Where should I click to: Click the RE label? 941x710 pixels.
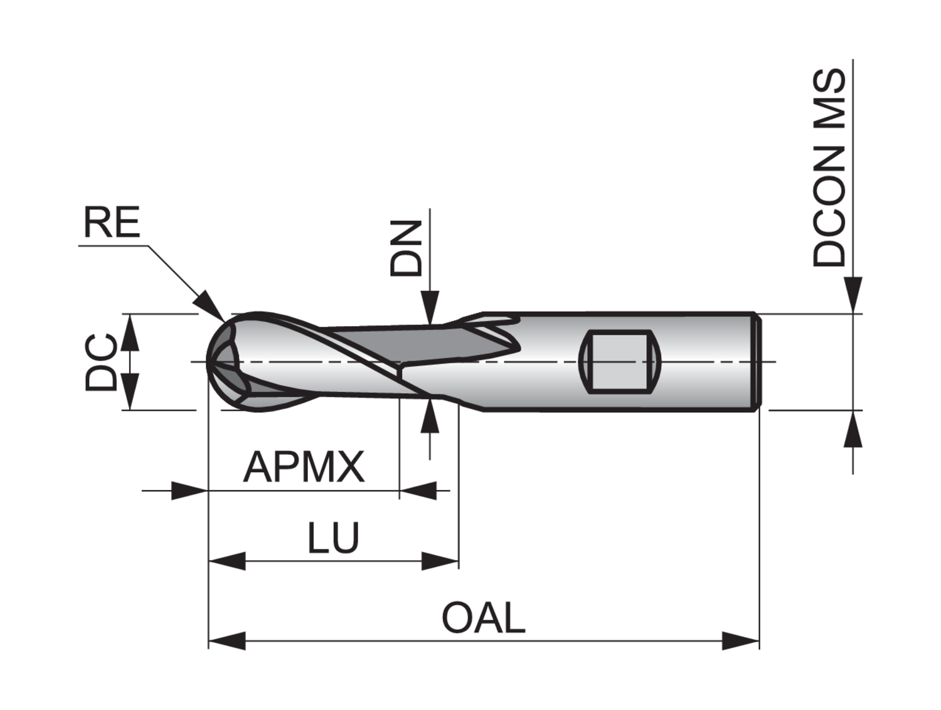click(112, 223)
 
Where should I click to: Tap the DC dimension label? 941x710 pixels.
click(102, 363)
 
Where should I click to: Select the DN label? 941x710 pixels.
click(406, 248)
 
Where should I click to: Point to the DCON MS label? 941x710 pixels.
click(829, 168)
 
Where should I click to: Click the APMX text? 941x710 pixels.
click(304, 467)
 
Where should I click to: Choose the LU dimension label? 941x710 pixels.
click(333, 538)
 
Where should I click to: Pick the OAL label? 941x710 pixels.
click(483, 618)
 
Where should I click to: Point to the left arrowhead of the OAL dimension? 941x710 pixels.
click(226, 641)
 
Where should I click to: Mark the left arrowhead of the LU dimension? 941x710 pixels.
click(226, 561)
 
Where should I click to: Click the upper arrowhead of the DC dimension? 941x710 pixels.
click(129, 332)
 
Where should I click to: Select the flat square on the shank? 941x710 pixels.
click(619, 362)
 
